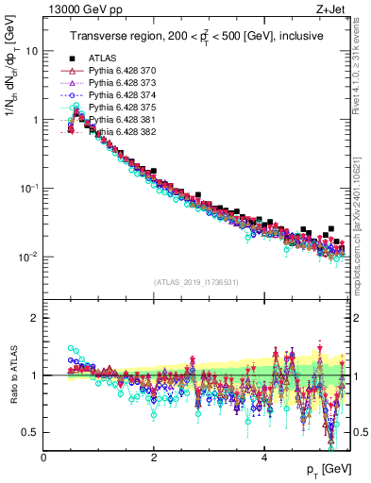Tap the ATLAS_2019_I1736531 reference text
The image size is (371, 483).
point(195,283)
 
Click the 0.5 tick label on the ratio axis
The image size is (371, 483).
point(29,432)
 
